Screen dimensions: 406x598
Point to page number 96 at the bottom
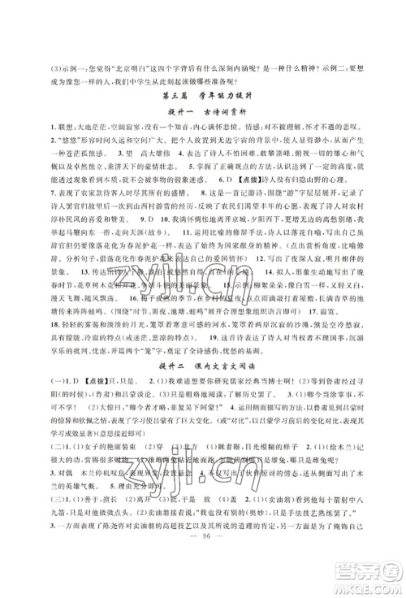[x=204, y=565]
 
